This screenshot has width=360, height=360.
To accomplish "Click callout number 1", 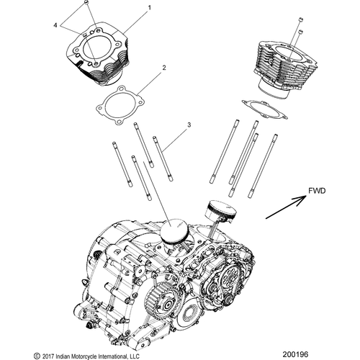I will pos(150,8).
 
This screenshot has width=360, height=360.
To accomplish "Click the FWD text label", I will pos(317,192).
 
